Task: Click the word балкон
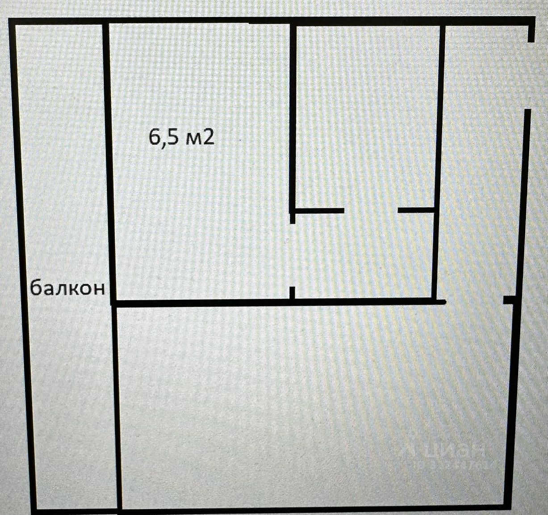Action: (68, 288)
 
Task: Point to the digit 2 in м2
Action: (208, 138)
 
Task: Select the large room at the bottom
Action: (313, 402)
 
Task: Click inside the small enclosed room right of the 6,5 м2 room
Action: (365, 116)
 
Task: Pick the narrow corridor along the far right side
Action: (480, 179)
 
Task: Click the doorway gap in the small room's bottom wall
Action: (371, 210)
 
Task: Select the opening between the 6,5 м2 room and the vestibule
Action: (293, 255)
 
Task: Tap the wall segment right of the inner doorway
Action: (415, 210)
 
